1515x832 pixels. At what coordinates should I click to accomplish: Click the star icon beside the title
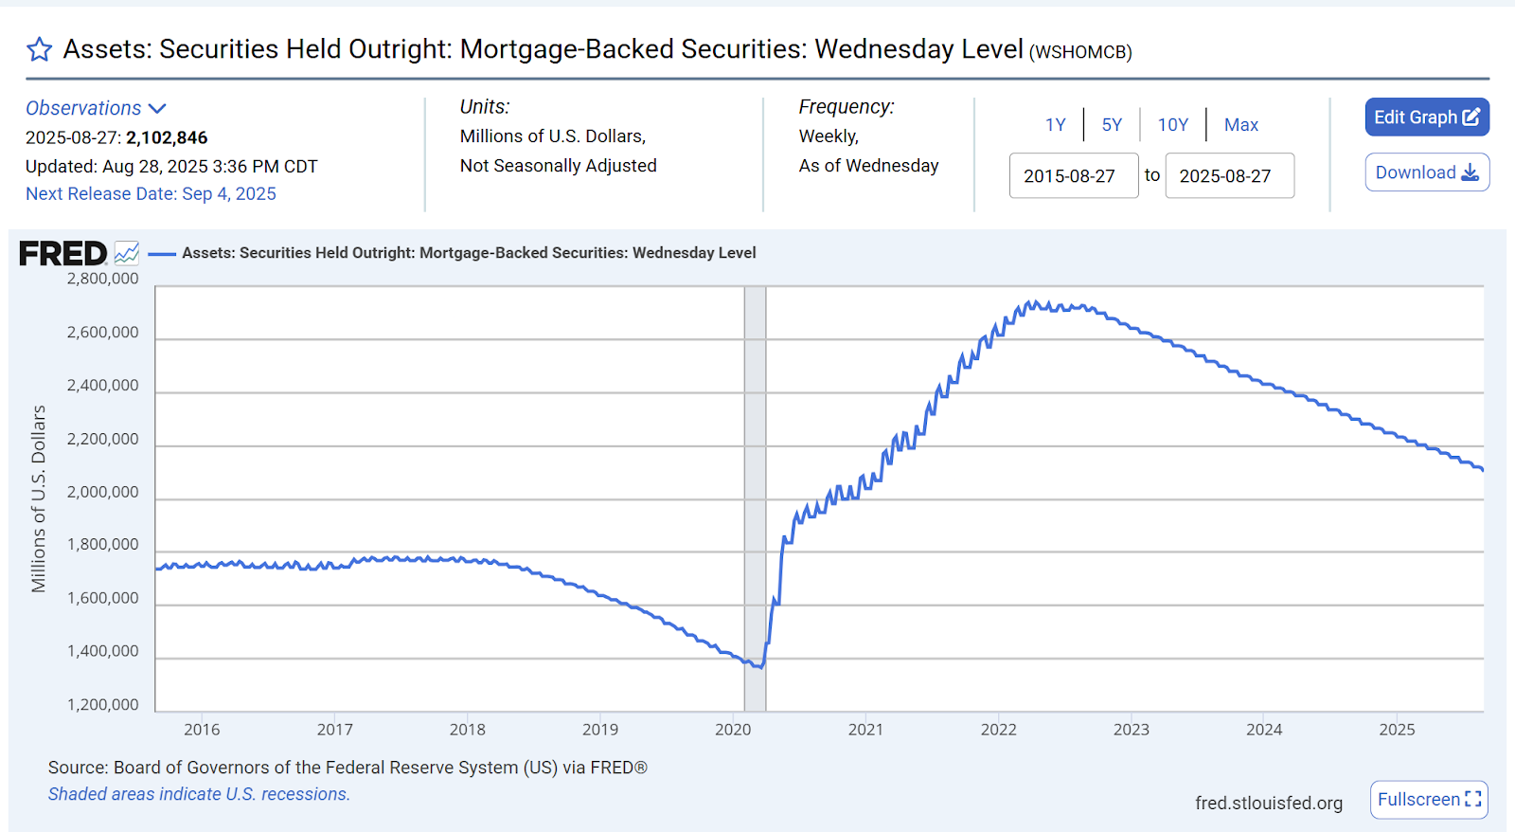click(x=39, y=49)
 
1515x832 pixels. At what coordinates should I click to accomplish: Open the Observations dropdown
click(x=96, y=108)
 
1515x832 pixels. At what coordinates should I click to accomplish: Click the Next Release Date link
click(x=151, y=193)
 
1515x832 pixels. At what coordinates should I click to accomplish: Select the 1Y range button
click(x=1055, y=125)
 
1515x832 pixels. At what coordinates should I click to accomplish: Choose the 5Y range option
click(x=1112, y=125)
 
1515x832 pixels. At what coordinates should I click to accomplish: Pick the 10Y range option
click(x=1172, y=125)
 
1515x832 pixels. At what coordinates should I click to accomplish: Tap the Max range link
click(x=1240, y=125)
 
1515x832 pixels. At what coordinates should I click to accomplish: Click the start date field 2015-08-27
click(x=1073, y=176)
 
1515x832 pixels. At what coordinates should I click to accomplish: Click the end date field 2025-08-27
click(x=1229, y=176)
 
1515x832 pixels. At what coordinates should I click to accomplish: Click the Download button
click(x=1426, y=172)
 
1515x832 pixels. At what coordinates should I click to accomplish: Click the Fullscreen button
click(x=1428, y=800)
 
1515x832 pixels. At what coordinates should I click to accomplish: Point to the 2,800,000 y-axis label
click(x=102, y=279)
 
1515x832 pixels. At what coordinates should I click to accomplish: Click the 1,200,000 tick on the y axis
click(x=102, y=705)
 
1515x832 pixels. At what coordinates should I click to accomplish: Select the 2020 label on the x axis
click(x=732, y=730)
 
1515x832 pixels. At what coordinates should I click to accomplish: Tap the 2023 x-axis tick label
click(x=1131, y=730)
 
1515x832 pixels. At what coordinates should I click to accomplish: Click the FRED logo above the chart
click(x=63, y=253)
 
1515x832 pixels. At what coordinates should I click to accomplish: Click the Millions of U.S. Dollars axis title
click(x=39, y=498)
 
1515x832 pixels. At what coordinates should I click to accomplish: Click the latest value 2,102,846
click(x=167, y=137)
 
